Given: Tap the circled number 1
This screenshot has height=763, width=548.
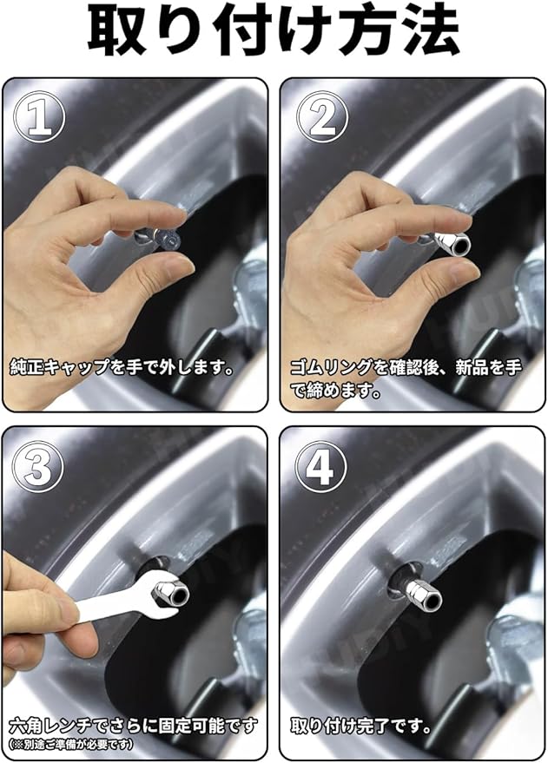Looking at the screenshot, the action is click(x=39, y=117).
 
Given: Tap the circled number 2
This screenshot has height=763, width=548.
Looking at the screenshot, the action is click(x=322, y=117).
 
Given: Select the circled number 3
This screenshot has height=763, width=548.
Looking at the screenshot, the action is click(x=38, y=466).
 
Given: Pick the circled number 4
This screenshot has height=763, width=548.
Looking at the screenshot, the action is click(x=321, y=466).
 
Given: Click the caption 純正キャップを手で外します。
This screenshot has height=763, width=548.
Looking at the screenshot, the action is click(x=122, y=367).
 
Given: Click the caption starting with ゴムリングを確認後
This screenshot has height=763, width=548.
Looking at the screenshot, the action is click(x=406, y=378).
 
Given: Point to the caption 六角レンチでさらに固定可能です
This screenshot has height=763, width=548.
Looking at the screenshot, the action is click(x=133, y=727).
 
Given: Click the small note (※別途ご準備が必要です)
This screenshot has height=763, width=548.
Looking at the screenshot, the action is click(x=71, y=745).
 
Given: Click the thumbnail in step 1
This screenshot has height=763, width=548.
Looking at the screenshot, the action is click(x=178, y=267).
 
